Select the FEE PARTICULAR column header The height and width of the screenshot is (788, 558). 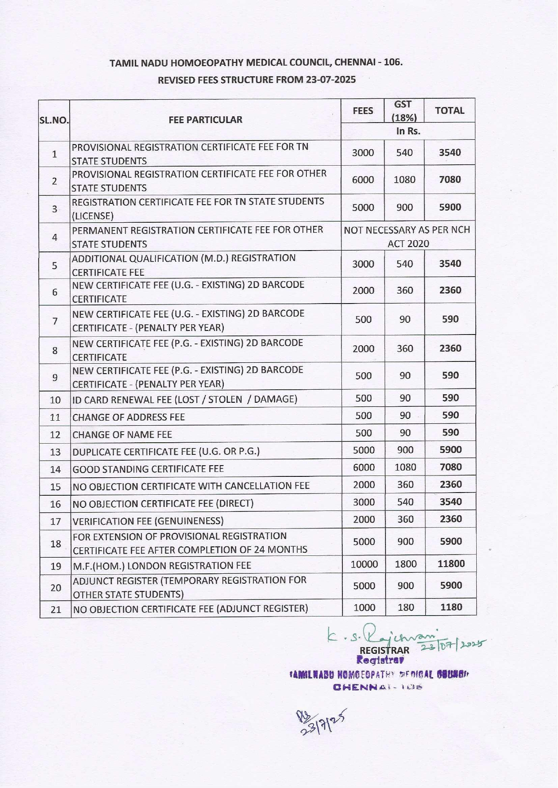coord(205,120)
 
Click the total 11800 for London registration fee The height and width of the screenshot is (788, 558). coord(451,564)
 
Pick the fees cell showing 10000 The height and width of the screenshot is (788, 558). coord(364,564)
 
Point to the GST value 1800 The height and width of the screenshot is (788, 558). coord(405,564)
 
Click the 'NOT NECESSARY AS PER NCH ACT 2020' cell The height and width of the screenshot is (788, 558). coord(407,237)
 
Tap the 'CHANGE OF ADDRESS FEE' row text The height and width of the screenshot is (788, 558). coord(128,417)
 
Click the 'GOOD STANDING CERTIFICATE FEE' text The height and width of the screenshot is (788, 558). coord(148,469)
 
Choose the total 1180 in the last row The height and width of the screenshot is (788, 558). coord(451,607)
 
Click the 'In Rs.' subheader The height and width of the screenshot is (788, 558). coord(408,131)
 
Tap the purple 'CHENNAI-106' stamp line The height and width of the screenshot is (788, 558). coord(377,687)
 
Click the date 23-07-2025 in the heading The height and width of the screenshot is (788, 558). coord(331,80)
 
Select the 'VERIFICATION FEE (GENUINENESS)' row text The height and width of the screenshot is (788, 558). coord(148,521)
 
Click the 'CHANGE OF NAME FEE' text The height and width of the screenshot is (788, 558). coord(122,435)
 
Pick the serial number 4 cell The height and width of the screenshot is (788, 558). coord(55,237)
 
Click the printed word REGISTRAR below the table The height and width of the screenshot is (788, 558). coord(385,650)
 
